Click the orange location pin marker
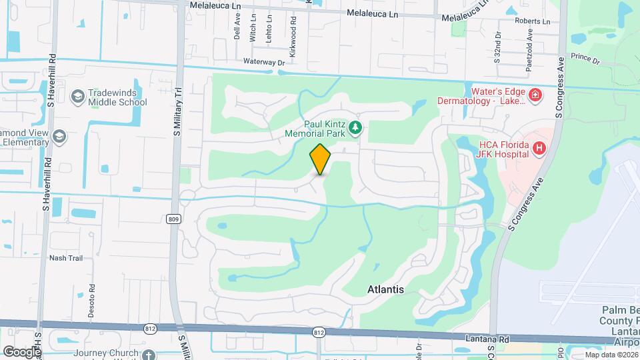click(x=321, y=159)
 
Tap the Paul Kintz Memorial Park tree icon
click(x=356, y=127)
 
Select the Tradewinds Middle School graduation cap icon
click(x=78, y=97)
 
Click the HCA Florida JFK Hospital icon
click(x=540, y=148)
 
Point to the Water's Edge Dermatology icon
click(x=535, y=96)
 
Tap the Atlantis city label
click(x=386, y=289)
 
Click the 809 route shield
click(x=173, y=218)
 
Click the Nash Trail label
click(x=65, y=257)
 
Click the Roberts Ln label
click(x=532, y=21)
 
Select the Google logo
click(x=22, y=351)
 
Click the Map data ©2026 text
click(x=610, y=355)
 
